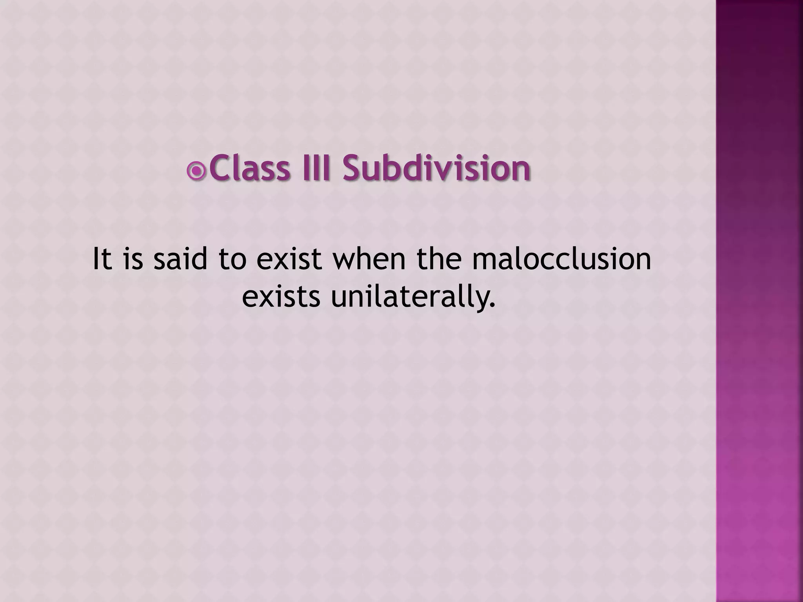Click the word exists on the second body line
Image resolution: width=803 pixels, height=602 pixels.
(x=281, y=297)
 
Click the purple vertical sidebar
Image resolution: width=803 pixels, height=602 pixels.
(x=759, y=301)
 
